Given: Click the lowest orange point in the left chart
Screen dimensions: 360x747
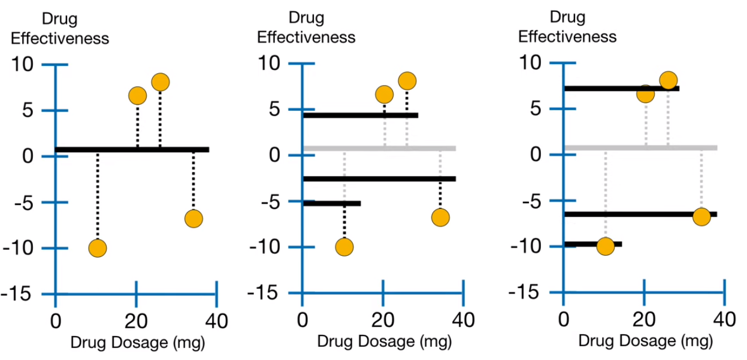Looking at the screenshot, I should click(97, 248).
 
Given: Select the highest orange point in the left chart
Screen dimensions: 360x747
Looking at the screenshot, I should click(160, 81).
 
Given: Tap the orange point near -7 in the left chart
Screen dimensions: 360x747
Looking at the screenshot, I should click(193, 219).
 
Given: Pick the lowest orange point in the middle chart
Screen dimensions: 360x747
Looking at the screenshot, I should click(344, 247).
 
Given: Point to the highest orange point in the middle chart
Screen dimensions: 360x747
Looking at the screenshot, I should click(407, 80).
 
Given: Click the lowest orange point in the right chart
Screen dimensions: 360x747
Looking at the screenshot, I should click(606, 246).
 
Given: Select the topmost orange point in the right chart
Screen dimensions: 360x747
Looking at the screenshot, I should click(668, 80).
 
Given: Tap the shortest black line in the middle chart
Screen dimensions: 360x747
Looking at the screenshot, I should click(332, 204).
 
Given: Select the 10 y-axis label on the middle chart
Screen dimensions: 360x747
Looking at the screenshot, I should click(270, 63).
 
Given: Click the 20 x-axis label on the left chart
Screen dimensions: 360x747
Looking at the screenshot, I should click(136, 321).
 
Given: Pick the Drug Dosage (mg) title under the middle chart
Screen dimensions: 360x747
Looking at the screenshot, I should click(384, 341).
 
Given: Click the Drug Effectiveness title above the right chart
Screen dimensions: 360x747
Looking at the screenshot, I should click(567, 26).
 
